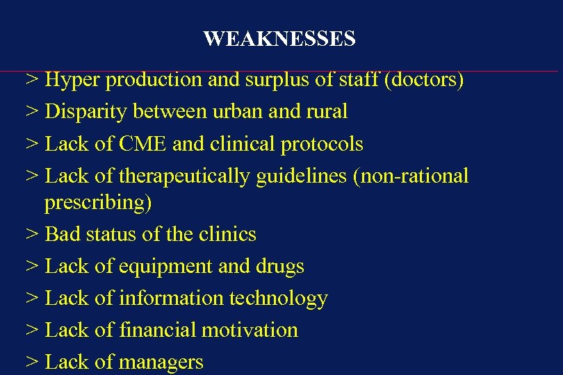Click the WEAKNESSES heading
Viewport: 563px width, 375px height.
tap(279, 39)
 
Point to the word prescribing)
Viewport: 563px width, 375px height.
tap(98, 202)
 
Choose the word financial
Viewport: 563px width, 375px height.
tap(158, 330)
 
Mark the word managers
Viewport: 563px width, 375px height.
tap(161, 362)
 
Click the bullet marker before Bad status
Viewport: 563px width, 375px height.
tap(31, 234)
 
